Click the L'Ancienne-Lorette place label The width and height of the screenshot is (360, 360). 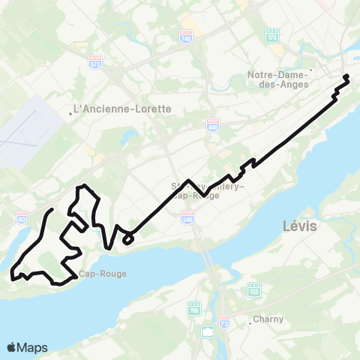click(124, 109)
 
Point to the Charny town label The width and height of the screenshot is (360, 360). click(269, 319)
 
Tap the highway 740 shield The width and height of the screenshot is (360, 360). click(186, 35)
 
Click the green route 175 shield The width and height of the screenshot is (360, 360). click(271, 35)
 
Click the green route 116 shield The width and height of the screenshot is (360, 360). click(195, 309)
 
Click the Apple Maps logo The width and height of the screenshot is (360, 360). click(27, 347)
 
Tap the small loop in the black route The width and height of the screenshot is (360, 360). click(128, 238)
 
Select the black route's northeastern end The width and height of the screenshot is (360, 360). click(346, 77)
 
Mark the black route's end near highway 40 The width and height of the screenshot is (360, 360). click(51, 209)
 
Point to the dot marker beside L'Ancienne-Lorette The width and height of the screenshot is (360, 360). click(71, 114)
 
